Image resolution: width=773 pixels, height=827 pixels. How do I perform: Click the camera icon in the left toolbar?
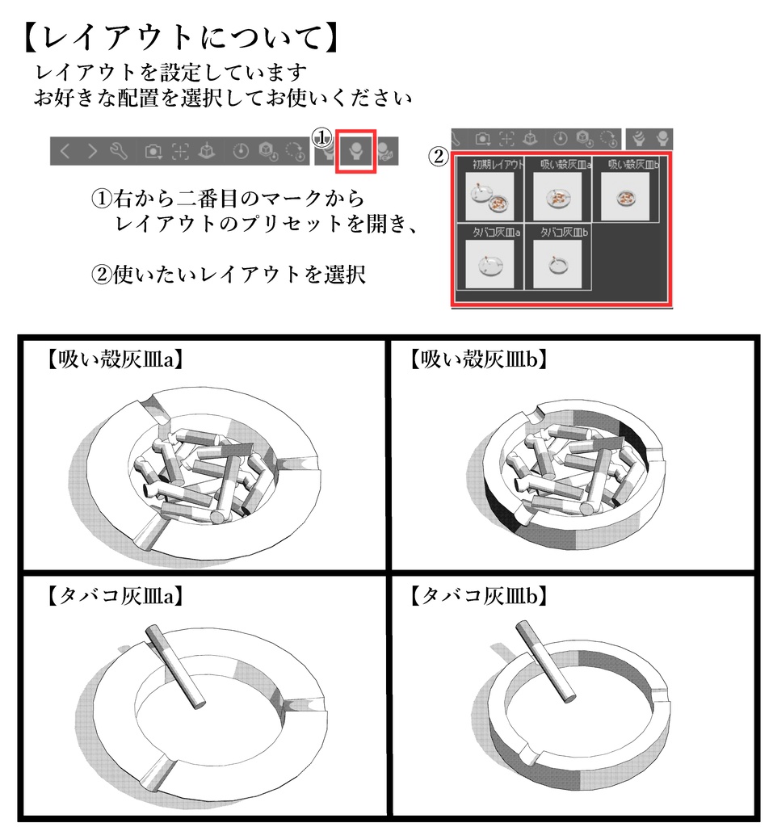(x=153, y=151)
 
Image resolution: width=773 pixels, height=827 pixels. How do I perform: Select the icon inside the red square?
(x=356, y=149)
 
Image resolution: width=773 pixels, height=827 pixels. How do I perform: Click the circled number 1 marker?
(x=323, y=139)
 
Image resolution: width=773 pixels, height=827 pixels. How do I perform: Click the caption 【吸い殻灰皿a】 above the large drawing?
(x=113, y=360)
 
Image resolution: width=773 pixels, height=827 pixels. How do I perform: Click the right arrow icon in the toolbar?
(x=92, y=151)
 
